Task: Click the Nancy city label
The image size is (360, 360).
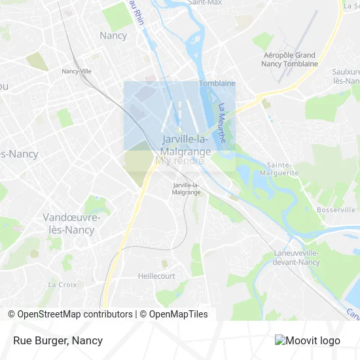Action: pyautogui.click(x=113, y=35)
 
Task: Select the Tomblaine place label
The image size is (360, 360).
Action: pyautogui.click(x=217, y=83)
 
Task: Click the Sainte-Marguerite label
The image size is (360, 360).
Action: pyautogui.click(x=283, y=169)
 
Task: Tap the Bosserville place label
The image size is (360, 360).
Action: pyautogui.click(x=336, y=209)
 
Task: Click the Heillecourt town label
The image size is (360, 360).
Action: pyautogui.click(x=156, y=276)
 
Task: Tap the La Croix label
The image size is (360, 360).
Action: pyautogui.click(x=62, y=285)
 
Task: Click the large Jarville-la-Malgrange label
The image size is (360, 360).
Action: pyautogui.click(x=187, y=145)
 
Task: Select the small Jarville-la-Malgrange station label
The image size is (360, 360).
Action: pyautogui.click(x=187, y=189)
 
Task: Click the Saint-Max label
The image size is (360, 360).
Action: pyautogui.click(x=206, y=3)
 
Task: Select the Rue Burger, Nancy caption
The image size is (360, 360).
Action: pyautogui.click(x=58, y=340)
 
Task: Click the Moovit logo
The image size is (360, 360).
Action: pyautogui.click(x=308, y=340)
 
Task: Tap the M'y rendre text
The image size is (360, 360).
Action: pyautogui.click(x=179, y=160)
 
